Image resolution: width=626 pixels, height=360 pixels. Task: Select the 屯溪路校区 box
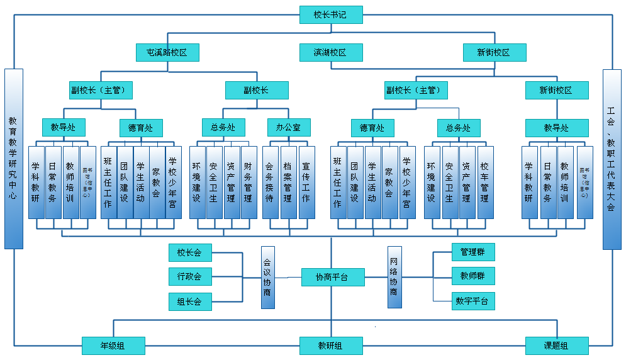pyautogui.click(x=167, y=52)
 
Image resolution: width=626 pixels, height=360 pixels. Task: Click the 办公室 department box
pyautogui.click(x=288, y=128)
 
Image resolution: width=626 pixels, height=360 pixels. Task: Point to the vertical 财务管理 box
pyautogui.click(x=249, y=182)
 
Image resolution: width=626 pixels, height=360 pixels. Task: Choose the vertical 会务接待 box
pyautogui.click(x=270, y=182)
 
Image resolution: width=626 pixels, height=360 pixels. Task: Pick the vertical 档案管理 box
pyautogui.click(x=288, y=182)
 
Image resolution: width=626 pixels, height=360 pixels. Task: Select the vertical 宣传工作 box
pyautogui.click(x=306, y=182)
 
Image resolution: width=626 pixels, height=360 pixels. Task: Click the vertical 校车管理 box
pyautogui.click(x=485, y=182)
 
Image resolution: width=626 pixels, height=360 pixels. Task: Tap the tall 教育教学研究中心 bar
pyautogui.click(x=14, y=159)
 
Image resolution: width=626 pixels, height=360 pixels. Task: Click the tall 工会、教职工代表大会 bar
pyautogui.click(x=612, y=159)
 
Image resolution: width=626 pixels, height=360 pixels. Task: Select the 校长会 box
pyautogui.click(x=190, y=253)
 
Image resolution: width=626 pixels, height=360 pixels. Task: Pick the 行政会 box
pyautogui.click(x=190, y=276)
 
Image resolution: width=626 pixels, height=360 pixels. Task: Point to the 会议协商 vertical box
pyautogui.click(x=268, y=277)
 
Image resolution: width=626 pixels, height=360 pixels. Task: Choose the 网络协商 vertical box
pyautogui.click(x=394, y=277)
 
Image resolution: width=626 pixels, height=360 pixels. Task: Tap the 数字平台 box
pyautogui.click(x=473, y=301)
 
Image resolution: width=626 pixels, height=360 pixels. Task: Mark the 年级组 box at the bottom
pyautogui.click(x=113, y=346)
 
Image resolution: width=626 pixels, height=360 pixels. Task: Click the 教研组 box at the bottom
pyautogui.click(x=331, y=346)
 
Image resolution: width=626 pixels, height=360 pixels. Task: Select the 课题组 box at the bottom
pyautogui.click(x=557, y=346)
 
